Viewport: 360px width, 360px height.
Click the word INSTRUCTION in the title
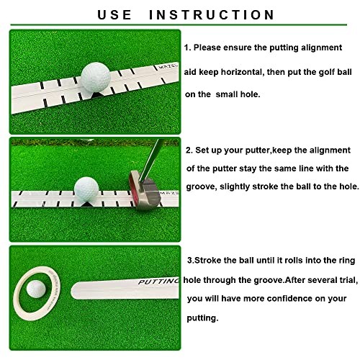click(x=212, y=15)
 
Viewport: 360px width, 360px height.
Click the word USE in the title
click(x=114, y=15)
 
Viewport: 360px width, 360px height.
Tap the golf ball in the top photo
click(x=96, y=77)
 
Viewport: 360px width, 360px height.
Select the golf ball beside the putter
click(x=86, y=189)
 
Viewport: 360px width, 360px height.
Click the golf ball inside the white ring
click(x=36, y=289)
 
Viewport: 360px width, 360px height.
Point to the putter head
click(x=145, y=190)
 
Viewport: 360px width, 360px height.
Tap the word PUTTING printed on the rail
click(x=158, y=281)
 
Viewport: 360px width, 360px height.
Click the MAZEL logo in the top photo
click(x=168, y=67)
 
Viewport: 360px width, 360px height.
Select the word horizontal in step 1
click(x=241, y=72)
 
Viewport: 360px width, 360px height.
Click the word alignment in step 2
click(x=330, y=150)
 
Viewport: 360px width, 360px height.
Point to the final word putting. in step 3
click(x=202, y=318)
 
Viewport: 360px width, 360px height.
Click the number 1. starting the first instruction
click(x=187, y=48)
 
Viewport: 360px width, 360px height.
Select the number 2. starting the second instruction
click(x=189, y=150)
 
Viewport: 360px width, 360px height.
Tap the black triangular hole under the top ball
click(x=96, y=95)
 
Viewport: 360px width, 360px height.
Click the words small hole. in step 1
click(x=238, y=94)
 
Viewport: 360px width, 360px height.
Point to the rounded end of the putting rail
click(x=75, y=291)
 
